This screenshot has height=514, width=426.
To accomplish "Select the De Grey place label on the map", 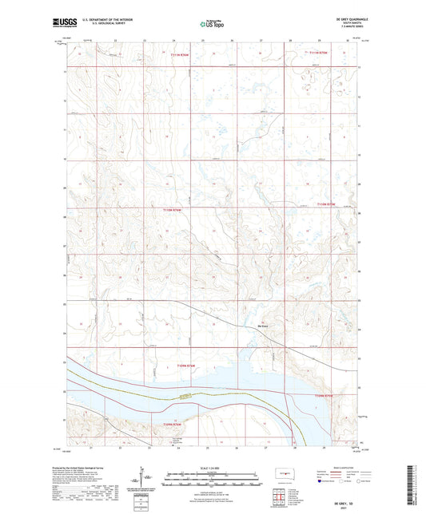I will click(262, 325).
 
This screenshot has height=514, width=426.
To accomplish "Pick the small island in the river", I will click(186, 395).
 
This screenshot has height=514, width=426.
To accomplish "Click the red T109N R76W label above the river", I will click(185, 367).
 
